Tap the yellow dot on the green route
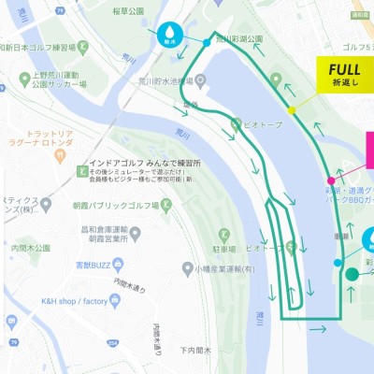pyautogui.click(x=292, y=110)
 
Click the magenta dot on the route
pyautogui.click(x=331, y=180)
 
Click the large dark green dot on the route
pyautogui.click(x=352, y=274)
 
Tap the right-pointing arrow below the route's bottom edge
pyautogui.click(x=318, y=328)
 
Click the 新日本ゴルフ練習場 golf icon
pyautogui.click(x=82, y=46)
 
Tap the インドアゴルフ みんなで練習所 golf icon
pyautogui.click(x=81, y=170)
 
